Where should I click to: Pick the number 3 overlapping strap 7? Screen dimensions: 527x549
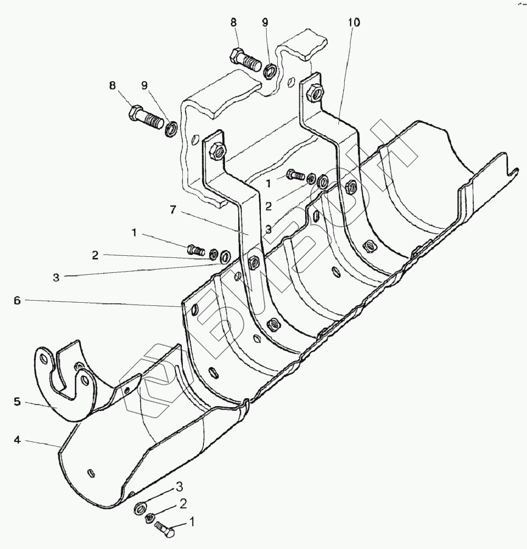[268, 229]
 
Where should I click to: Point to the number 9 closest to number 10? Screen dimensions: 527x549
[265, 23]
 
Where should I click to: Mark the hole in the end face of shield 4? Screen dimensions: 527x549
[91, 471]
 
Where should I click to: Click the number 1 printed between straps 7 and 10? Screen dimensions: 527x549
[269, 184]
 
